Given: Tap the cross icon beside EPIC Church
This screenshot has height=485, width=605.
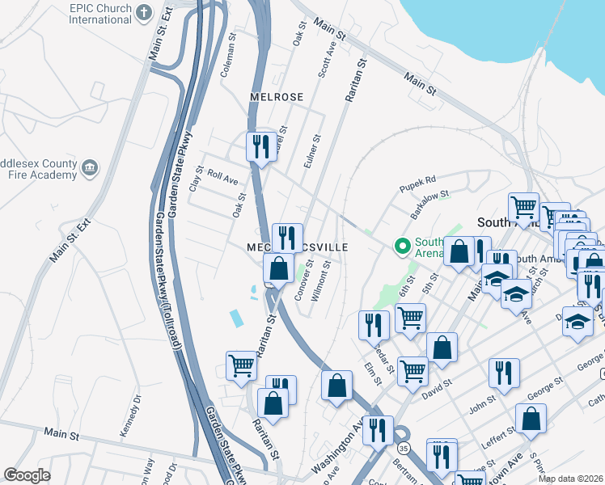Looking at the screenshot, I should click(143, 12).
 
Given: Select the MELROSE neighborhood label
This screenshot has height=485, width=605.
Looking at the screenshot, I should click(276, 97).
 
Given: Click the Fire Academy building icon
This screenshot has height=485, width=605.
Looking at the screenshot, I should click(89, 167).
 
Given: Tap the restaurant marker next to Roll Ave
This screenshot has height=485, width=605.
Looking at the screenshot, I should click(260, 147).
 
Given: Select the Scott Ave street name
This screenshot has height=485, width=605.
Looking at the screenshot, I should click(327, 61).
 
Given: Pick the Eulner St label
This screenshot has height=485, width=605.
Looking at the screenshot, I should click(307, 151).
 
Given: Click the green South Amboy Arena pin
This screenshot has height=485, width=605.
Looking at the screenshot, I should click(400, 245).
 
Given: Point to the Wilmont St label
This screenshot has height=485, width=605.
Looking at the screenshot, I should click(325, 279).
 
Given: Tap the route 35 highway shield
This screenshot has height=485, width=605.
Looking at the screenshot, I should click(403, 446).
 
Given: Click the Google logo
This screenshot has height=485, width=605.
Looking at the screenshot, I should click(27, 475).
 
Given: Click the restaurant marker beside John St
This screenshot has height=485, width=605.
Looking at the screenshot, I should click(504, 373).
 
